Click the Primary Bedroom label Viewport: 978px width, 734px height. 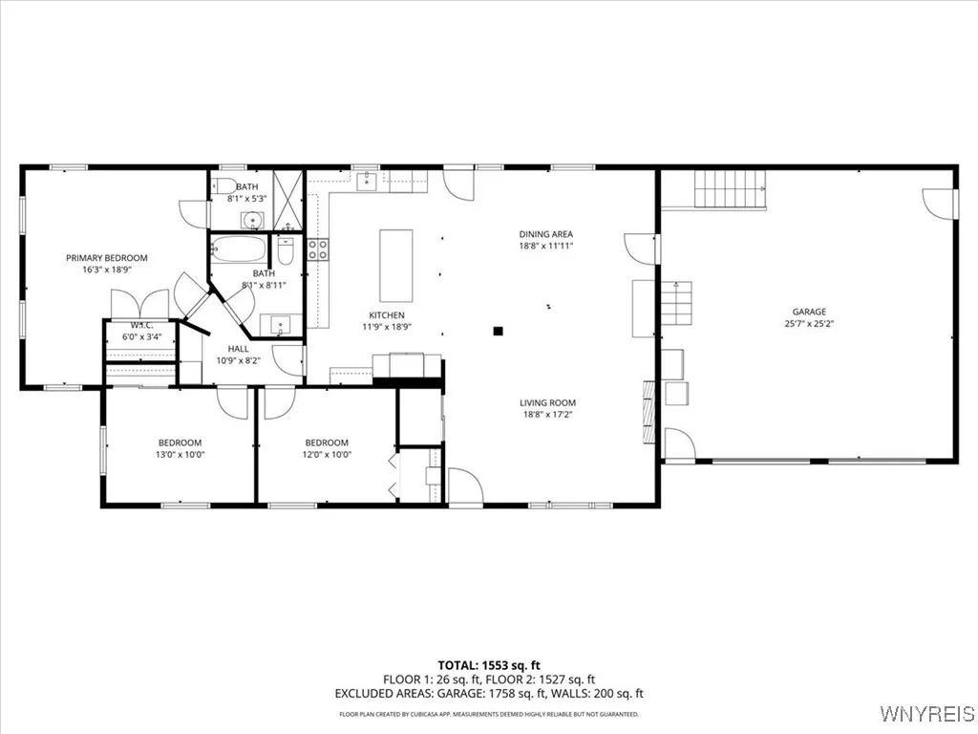pos(106,258)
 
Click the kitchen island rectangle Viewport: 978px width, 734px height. pos(396,266)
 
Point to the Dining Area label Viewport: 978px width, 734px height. pos(545,234)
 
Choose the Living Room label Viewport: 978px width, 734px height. pos(547,403)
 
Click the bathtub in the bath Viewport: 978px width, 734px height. pos(239,250)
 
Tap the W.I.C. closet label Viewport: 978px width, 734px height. pos(143,325)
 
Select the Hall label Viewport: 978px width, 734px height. pos(238,349)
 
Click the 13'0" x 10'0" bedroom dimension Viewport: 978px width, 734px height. pos(180,455)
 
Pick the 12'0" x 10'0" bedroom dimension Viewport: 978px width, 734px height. pos(327,455)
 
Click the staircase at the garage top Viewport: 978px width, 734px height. pos(730,188)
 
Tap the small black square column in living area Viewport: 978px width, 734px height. pos(498,332)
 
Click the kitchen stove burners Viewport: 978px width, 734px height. pos(318,250)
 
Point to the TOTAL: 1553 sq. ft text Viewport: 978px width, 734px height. pos(488,664)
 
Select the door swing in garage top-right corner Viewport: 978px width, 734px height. pos(939,202)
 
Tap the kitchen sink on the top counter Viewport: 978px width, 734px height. pos(368,182)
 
